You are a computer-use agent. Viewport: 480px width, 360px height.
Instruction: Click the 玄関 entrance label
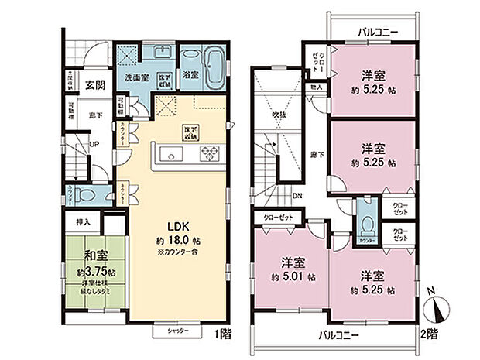[96, 84]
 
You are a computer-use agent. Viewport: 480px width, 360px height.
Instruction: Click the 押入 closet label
[84, 222]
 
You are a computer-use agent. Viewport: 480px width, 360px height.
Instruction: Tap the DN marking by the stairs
[300, 195]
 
